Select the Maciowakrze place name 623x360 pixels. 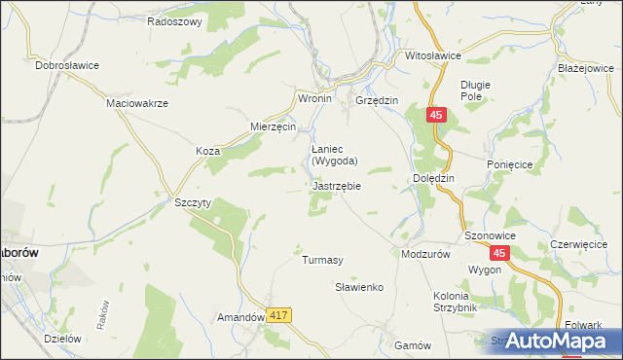click(x=138, y=103)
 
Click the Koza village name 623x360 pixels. click(x=207, y=152)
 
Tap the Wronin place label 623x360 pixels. click(x=314, y=99)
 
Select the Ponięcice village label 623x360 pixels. click(x=509, y=165)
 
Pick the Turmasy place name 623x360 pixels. click(x=322, y=260)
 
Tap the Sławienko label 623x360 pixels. click(x=360, y=288)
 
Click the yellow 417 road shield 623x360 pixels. click(x=279, y=315)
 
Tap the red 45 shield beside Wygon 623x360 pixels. click(x=498, y=253)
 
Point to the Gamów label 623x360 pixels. click(x=413, y=345)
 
